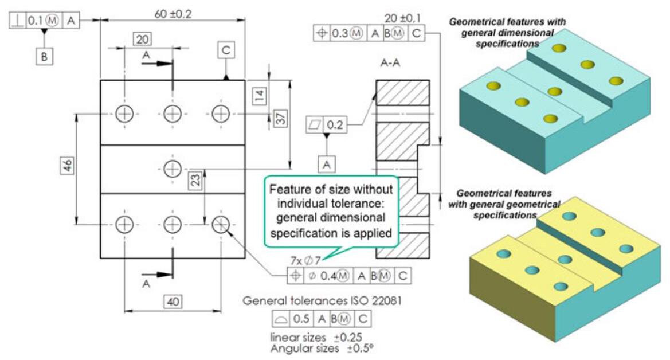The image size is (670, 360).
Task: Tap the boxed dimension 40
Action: coord(173,300)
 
